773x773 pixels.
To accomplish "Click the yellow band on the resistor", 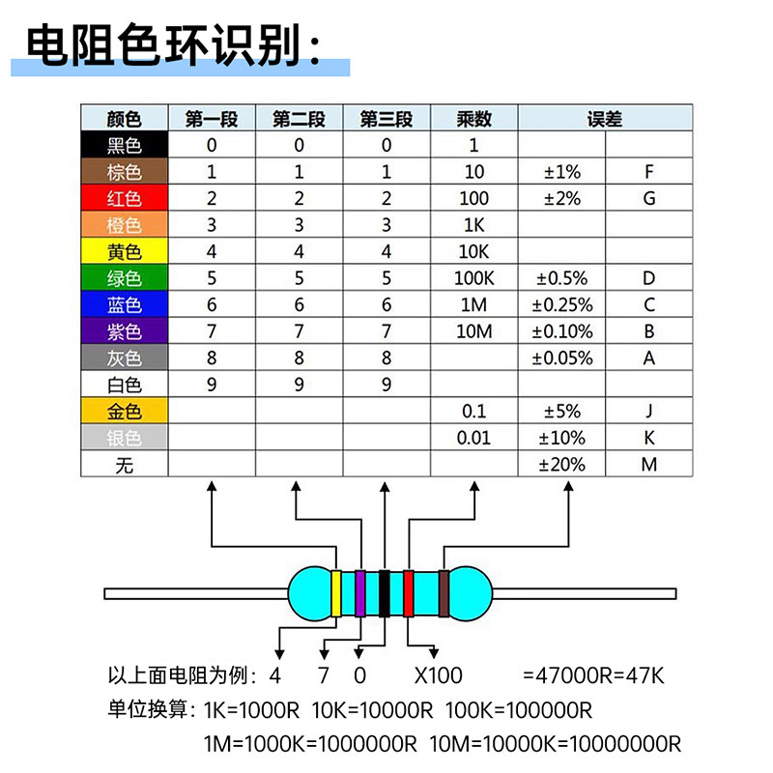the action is tap(336, 593).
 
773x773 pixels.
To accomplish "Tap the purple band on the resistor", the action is tap(360, 593).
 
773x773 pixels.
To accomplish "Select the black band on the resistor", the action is tap(385, 593).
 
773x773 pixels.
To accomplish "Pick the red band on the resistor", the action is tap(408, 593).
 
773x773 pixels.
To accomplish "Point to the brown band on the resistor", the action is tap(444, 593).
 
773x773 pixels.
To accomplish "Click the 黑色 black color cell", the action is tap(125, 144).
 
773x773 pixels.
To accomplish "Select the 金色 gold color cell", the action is tap(125, 411).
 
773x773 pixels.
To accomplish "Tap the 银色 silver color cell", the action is tap(125, 438).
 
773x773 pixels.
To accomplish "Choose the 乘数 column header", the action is tap(473, 118).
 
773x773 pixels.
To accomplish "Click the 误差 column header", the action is tap(605, 118).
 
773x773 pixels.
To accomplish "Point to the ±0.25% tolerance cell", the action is tap(561, 304).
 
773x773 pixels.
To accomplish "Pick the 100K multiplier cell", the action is tap(473, 278).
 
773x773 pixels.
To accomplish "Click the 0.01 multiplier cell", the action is tap(473, 438).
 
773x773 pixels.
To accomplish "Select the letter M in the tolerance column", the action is tap(648, 465).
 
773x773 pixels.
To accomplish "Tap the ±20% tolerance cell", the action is tap(561, 465).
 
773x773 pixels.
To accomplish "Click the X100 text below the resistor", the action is tap(439, 675).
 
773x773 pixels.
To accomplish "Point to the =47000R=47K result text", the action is tap(593, 675).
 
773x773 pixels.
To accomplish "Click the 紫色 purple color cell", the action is tap(125, 330).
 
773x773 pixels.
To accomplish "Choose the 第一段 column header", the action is tap(212, 118).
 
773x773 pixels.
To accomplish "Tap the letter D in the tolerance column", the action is tap(648, 278).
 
